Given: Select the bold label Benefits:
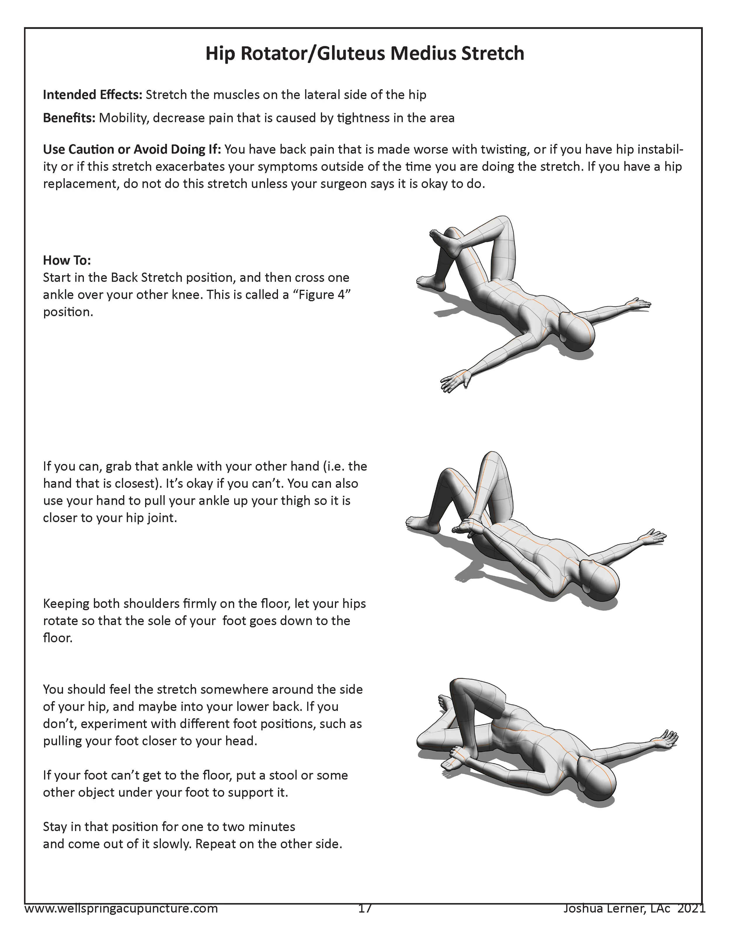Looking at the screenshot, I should tap(69, 118).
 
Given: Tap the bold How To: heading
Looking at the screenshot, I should tap(67, 260).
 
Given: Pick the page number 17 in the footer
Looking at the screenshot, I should tap(365, 909).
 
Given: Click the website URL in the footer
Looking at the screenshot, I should tap(121, 909).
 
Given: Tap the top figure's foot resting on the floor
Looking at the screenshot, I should tap(430, 282).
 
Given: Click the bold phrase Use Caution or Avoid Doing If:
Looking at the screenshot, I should tap(132, 150).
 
